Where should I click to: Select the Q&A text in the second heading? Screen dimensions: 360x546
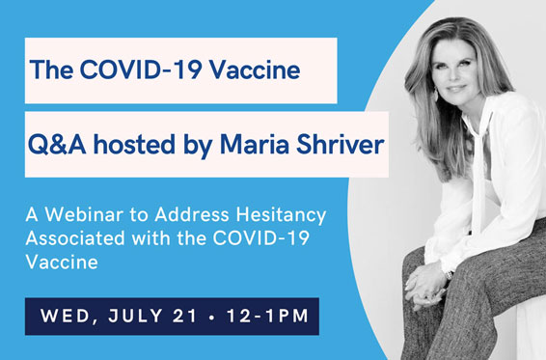[x=55, y=144]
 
